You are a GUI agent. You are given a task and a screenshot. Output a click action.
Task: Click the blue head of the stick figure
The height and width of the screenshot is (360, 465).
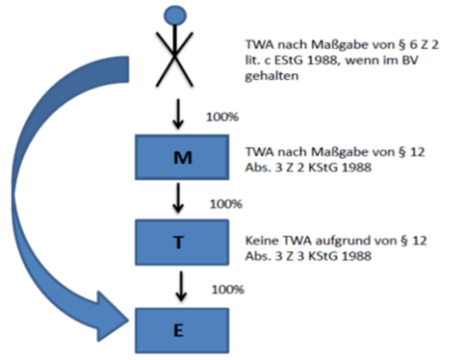(x=175, y=15)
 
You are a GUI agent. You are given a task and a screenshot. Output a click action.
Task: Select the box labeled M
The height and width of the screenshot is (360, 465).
(x=182, y=157)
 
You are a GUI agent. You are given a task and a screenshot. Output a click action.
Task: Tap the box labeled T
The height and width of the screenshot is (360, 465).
(x=182, y=243)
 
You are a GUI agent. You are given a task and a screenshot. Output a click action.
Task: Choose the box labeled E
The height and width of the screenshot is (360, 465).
(x=182, y=330)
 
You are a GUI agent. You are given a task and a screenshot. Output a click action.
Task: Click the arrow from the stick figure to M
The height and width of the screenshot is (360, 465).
(x=178, y=114)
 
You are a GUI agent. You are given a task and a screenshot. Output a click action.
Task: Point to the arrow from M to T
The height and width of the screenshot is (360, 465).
(x=178, y=198)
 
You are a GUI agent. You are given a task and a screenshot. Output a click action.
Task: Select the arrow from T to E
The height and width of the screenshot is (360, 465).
(x=181, y=286)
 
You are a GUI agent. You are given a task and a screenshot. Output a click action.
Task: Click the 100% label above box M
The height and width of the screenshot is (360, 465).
(x=222, y=117)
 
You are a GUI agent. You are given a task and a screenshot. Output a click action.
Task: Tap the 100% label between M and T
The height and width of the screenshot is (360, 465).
(x=226, y=204)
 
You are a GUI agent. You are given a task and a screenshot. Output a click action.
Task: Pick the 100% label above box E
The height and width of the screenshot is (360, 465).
(x=228, y=290)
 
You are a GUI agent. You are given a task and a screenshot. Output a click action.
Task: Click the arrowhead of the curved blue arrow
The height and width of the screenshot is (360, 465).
(x=113, y=317)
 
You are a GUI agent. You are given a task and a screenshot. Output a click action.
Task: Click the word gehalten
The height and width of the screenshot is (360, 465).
(x=271, y=76)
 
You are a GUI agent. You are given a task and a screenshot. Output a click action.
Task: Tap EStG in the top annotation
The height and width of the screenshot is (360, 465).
(x=289, y=61)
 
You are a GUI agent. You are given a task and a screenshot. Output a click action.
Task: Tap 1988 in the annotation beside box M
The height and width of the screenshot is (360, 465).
(x=356, y=167)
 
